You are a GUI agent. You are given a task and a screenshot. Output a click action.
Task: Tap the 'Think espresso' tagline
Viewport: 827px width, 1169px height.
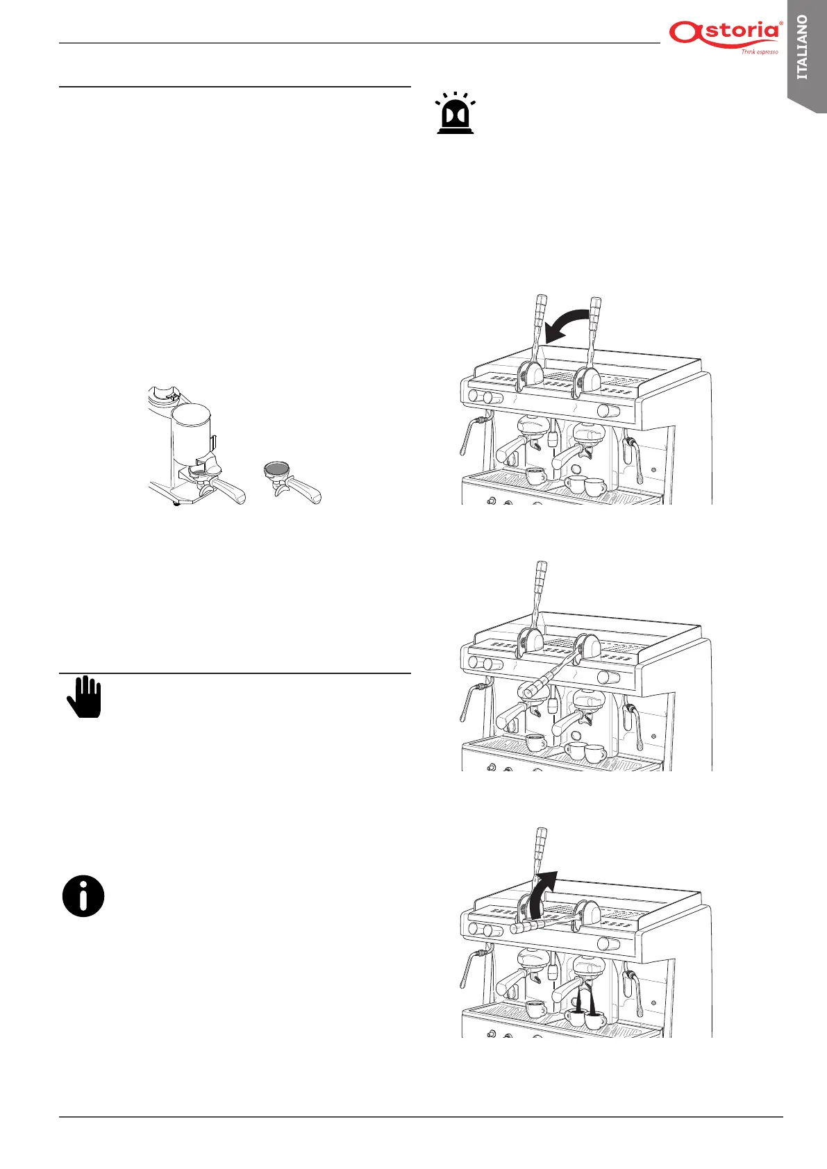tap(759, 52)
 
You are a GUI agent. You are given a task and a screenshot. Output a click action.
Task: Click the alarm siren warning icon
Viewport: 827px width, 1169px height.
tap(456, 113)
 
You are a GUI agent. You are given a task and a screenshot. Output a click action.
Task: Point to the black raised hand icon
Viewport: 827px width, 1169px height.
tap(85, 697)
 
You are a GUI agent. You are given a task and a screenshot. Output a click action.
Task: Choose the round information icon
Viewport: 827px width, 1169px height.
tap(83, 896)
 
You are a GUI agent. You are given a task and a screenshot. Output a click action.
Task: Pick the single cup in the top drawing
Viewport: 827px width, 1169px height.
tap(535, 476)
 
